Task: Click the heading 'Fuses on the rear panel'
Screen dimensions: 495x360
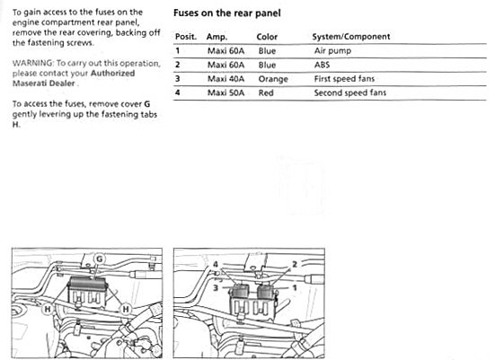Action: click(x=226, y=13)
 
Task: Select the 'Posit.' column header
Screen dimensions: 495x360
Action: click(x=186, y=37)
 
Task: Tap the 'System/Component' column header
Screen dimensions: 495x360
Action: click(x=351, y=37)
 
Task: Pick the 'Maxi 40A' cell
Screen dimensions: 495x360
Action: click(x=225, y=79)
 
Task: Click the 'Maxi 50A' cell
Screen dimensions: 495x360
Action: click(x=225, y=92)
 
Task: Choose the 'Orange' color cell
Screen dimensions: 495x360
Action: click(x=273, y=79)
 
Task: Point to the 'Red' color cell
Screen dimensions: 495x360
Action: click(x=266, y=92)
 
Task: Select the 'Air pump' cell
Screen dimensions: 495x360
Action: click(x=332, y=51)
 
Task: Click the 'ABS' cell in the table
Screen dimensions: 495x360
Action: click(x=322, y=65)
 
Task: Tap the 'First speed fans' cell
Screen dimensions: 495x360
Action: click(x=344, y=79)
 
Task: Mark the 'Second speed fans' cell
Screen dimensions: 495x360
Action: click(x=350, y=92)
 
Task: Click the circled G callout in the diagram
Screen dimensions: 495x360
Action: click(x=100, y=259)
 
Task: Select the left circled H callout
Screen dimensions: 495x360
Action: click(x=48, y=309)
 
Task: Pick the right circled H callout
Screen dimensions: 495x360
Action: click(x=126, y=309)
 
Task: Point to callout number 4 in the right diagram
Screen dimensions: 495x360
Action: click(x=216, y=265)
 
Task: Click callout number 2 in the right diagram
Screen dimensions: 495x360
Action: click(x=295, y=265)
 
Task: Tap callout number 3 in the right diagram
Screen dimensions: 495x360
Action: click(x=216, y=288)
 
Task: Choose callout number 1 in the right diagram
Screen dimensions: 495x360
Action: click(x=295, y=288)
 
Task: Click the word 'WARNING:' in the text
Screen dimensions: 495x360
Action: click(x=33, y=63)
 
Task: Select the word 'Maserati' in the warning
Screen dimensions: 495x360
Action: click(x=28, y=83)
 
